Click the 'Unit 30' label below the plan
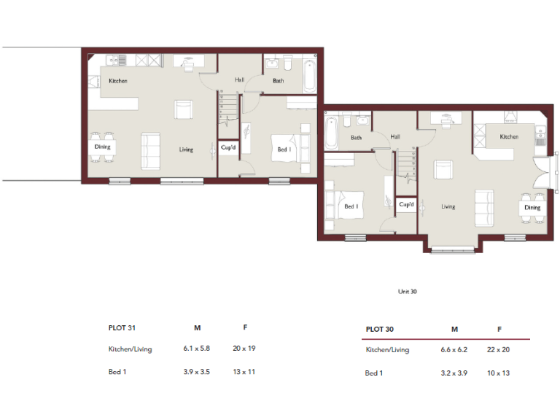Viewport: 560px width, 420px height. (x=407, y=291)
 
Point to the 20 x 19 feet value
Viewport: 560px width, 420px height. (x=244, y=349)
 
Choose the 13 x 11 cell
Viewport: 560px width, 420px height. (x=244, y=372)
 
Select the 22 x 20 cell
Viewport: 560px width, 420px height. (x=499, y=350)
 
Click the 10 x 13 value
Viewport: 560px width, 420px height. (x=499, y=373)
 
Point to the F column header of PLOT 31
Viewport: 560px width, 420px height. (x=244, y=327)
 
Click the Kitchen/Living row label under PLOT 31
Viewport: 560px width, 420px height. (x=130, y=349)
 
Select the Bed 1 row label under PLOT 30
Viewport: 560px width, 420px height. (x=373, y=373)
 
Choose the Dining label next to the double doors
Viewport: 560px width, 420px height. (x=532, y=208)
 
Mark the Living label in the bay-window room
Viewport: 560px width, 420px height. (x=448, y=206)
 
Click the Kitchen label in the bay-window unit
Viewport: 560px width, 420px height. (x=509, y=137)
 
